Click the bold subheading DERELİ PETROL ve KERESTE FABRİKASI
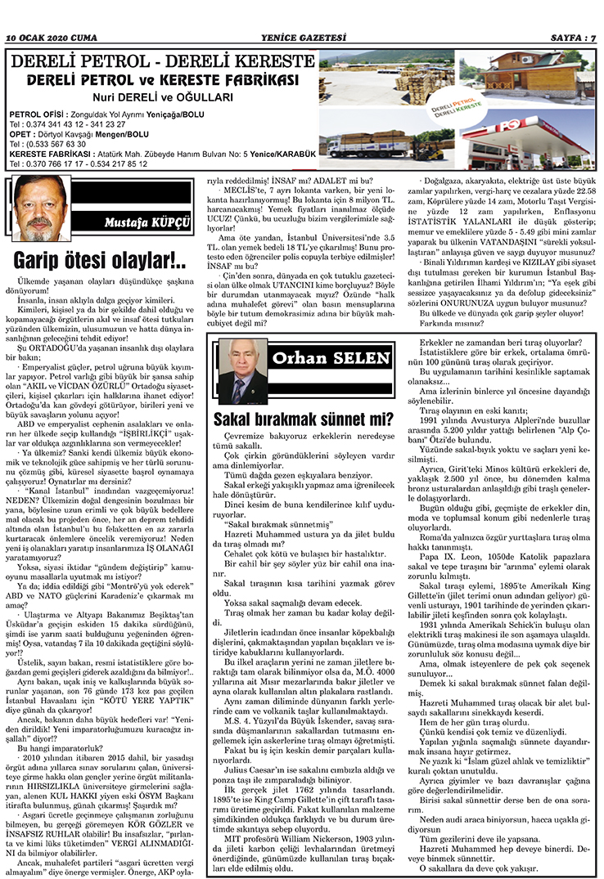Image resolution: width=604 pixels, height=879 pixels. (161, 81)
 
